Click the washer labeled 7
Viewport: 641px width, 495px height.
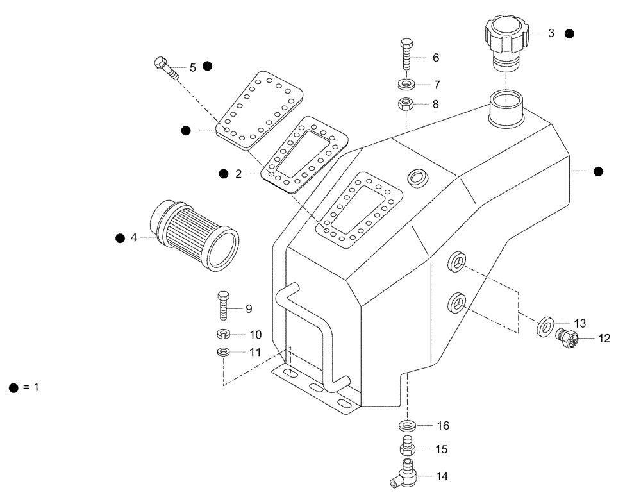click(405, 84)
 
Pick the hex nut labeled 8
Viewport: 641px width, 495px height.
click(405, 103)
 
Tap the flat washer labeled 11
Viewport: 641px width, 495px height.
click(223, 352)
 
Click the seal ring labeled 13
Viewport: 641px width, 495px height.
click(545, 326)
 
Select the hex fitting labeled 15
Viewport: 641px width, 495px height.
click(406, 446)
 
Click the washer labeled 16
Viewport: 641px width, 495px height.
click(406, 425)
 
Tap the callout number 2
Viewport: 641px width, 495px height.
click(238, 174)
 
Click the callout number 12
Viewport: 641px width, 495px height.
click(604, 338)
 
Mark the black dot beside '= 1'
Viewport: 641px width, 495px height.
click(13, 388)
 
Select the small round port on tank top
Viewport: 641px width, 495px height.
click(417, 177)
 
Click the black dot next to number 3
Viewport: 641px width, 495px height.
click(570, 33)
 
